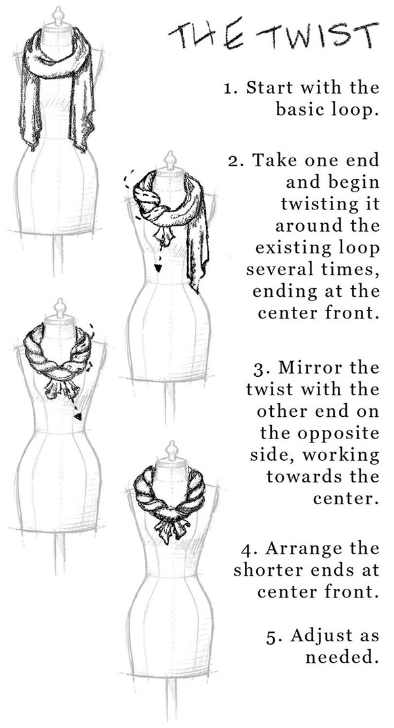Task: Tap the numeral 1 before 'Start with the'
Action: [x=228, y=88]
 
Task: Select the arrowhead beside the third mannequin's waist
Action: [x=78, y=416]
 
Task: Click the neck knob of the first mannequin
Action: [x=58, y=16]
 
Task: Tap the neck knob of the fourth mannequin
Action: [x=172, y=450]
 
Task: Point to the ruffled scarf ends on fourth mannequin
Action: [x=172, y=527]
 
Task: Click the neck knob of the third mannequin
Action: [x=60, y=309]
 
